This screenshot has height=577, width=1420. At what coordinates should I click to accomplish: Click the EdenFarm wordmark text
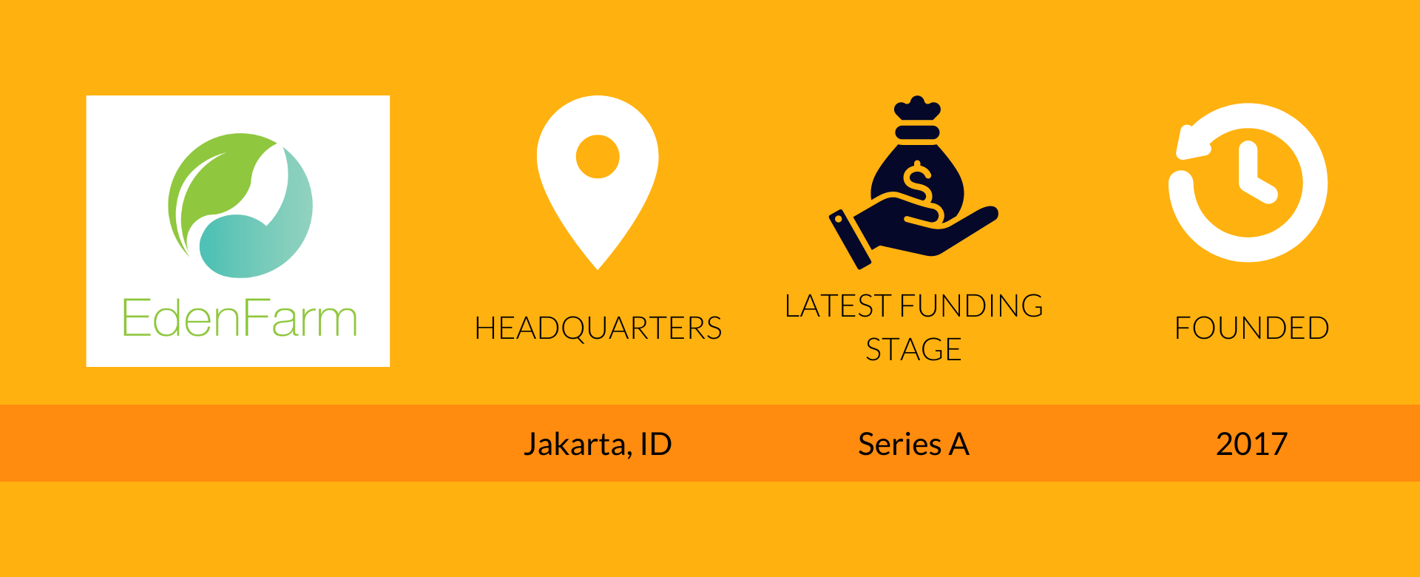coord(239,319)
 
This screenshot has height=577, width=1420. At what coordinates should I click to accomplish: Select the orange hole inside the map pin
coord(598,157)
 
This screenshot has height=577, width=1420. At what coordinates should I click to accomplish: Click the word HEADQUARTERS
coord(598,328)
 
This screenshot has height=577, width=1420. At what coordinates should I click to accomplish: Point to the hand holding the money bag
coord(932,229)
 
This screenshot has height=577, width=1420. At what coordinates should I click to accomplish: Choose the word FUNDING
coord(972,306)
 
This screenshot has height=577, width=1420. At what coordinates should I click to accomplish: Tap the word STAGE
coord(913,350)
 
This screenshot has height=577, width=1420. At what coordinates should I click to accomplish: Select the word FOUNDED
coord(1251,328)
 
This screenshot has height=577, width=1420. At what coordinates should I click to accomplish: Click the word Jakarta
coord(575,445)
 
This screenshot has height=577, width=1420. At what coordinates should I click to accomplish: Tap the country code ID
coord(655,445)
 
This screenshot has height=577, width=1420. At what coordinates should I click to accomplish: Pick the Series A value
coord(913,445)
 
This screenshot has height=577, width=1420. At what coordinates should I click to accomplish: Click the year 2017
coord(1251,445)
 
